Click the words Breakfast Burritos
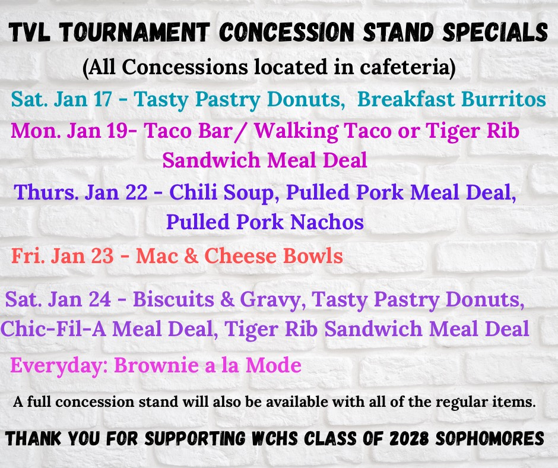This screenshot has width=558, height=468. coord(452,99)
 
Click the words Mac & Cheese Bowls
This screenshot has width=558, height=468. coord(239,256)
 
